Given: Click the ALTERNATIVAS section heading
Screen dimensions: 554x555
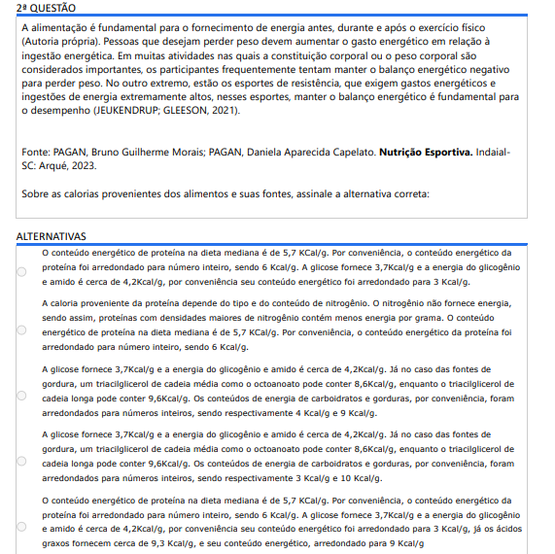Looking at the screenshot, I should tap(52, 236).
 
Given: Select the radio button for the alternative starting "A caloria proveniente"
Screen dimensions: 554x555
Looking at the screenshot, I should tap(22, 326).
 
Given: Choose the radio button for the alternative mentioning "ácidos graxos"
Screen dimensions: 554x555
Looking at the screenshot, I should tap(22, 526).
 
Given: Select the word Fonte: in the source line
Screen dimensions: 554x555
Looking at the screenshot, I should tap(37, 153).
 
